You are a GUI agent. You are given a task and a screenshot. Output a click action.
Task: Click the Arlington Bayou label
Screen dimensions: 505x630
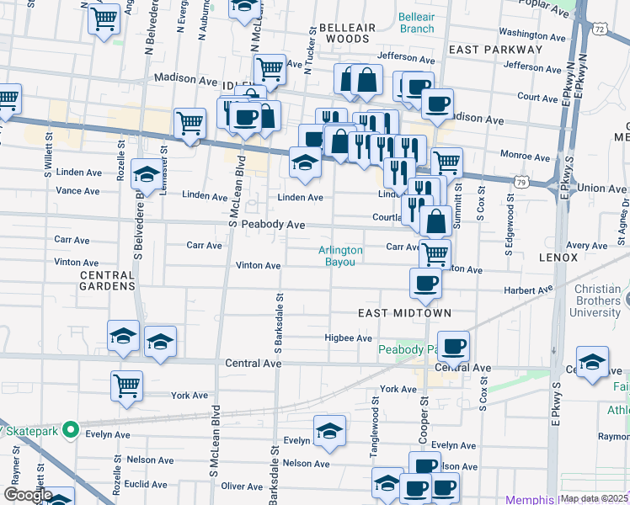click(x=341, y=256)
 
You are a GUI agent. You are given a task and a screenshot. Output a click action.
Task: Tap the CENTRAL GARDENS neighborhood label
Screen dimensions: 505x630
click(x=108, y=280)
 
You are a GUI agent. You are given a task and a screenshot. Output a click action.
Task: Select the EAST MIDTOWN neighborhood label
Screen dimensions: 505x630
click(x=405, y=313)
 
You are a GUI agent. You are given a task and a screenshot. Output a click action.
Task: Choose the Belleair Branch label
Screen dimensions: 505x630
click(x=416, y=22)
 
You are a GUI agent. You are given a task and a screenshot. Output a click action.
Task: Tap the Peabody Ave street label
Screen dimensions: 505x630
click(x=273, y=225)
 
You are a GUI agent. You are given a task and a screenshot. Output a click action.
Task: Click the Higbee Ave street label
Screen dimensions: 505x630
click(x=348, y=338)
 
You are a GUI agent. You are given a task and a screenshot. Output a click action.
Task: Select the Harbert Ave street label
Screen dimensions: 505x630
click(x=528, y=290)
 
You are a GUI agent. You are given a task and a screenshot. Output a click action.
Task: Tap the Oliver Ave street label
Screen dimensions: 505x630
click(x=243, y=486)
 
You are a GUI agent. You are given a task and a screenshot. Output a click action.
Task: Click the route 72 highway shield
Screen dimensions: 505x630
click(x=600, y=29)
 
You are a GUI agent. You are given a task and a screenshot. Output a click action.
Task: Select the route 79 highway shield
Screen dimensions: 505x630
click(x=523, y=181)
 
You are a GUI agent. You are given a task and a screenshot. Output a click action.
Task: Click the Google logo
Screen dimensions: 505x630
click(x=28, y=495)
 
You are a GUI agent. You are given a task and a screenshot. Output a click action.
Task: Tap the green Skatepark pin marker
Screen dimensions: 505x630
click(x=72, y=431)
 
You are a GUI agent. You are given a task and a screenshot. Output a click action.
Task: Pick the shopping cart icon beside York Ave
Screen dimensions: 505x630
click(x=126, y=386)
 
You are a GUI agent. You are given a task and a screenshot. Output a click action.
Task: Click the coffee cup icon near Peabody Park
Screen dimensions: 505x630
click(x=453, y=346)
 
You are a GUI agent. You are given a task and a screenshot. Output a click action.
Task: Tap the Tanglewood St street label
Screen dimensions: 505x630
click(x=374, y=437)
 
